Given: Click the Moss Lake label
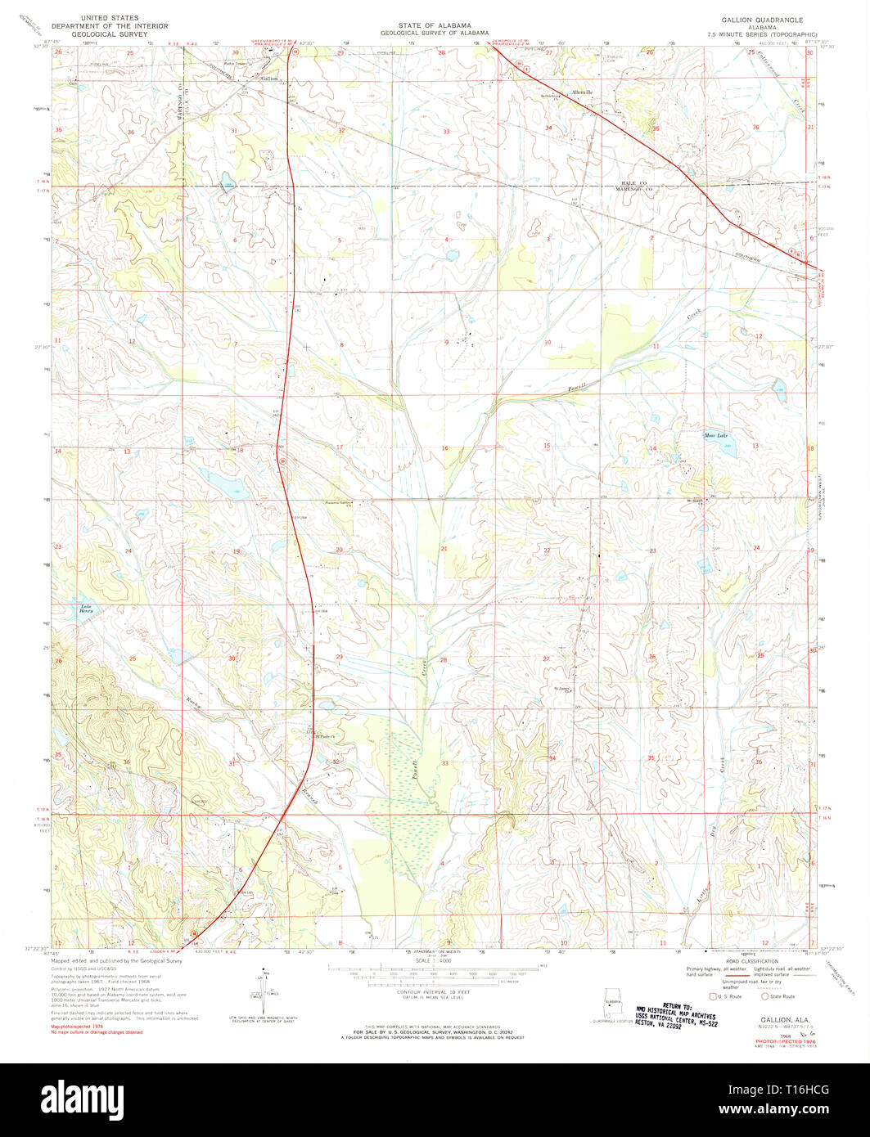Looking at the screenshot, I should point(716,435).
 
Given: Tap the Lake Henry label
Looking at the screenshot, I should point(86,608).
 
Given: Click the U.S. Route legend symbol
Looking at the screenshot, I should point(712,996).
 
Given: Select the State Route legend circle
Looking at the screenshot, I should point(765,996).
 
